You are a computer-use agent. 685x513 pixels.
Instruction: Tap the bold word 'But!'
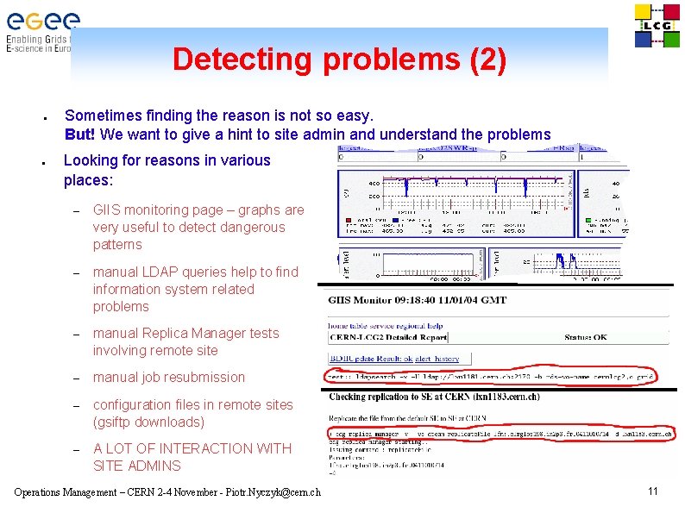tap(81, 134)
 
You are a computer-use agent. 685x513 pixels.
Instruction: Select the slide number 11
tap(653, 491)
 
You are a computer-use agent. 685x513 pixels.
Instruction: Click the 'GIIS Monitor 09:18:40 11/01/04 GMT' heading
tap(417, 300)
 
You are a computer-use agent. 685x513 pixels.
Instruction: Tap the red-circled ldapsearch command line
tap(490, 377)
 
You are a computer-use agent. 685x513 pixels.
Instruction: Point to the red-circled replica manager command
tap(500, 435)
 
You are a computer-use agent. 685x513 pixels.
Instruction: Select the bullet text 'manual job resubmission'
tap(169, 377)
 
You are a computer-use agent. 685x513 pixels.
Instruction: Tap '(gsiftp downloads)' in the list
tap(148, 422)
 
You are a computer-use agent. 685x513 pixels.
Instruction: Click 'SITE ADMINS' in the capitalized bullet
tap(137, 466)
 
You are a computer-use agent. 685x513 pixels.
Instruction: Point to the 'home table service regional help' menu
tap(385, 325)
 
